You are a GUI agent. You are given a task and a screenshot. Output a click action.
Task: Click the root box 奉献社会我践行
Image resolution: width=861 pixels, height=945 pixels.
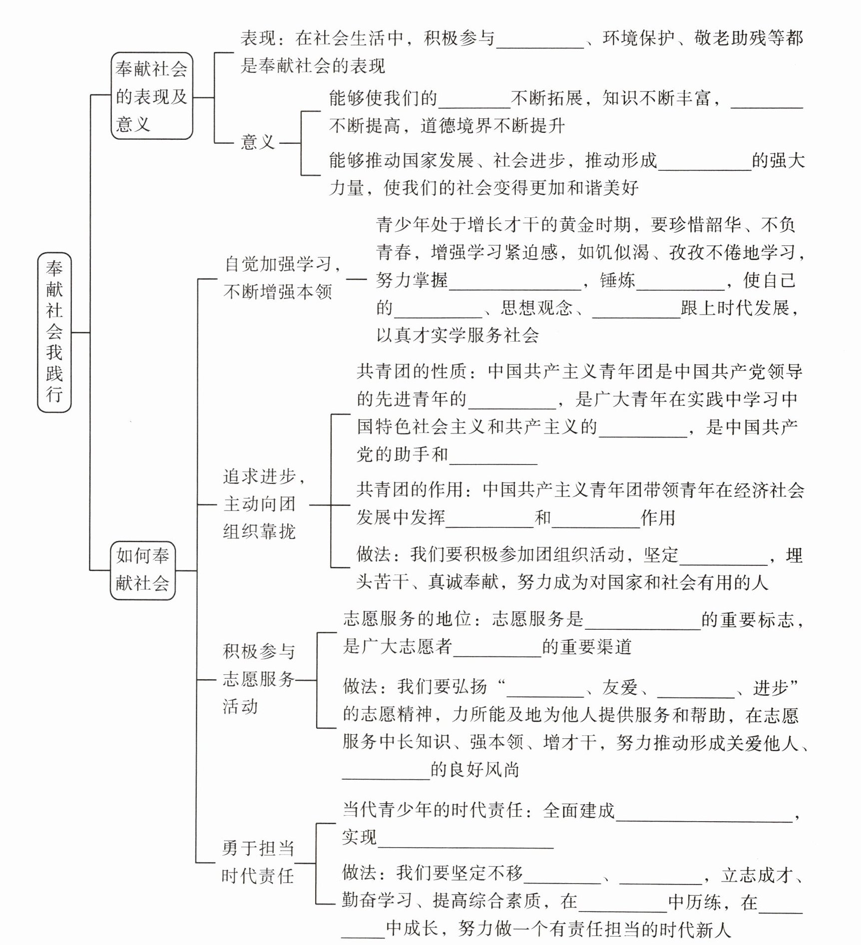54,332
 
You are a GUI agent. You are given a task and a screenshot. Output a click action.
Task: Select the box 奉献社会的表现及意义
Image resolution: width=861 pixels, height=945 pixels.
151,96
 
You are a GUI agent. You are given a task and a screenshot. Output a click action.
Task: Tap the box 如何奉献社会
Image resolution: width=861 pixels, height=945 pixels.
143,569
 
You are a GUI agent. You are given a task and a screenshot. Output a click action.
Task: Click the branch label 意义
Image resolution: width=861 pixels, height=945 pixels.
258,142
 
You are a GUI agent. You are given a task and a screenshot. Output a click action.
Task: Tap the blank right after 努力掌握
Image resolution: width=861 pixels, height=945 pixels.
515,283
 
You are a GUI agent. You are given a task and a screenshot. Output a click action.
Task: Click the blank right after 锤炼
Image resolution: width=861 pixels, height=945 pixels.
680,283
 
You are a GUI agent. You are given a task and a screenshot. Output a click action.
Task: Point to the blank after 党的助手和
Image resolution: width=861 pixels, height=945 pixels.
493,457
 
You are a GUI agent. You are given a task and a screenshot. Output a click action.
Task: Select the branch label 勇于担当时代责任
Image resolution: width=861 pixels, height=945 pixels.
258,862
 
